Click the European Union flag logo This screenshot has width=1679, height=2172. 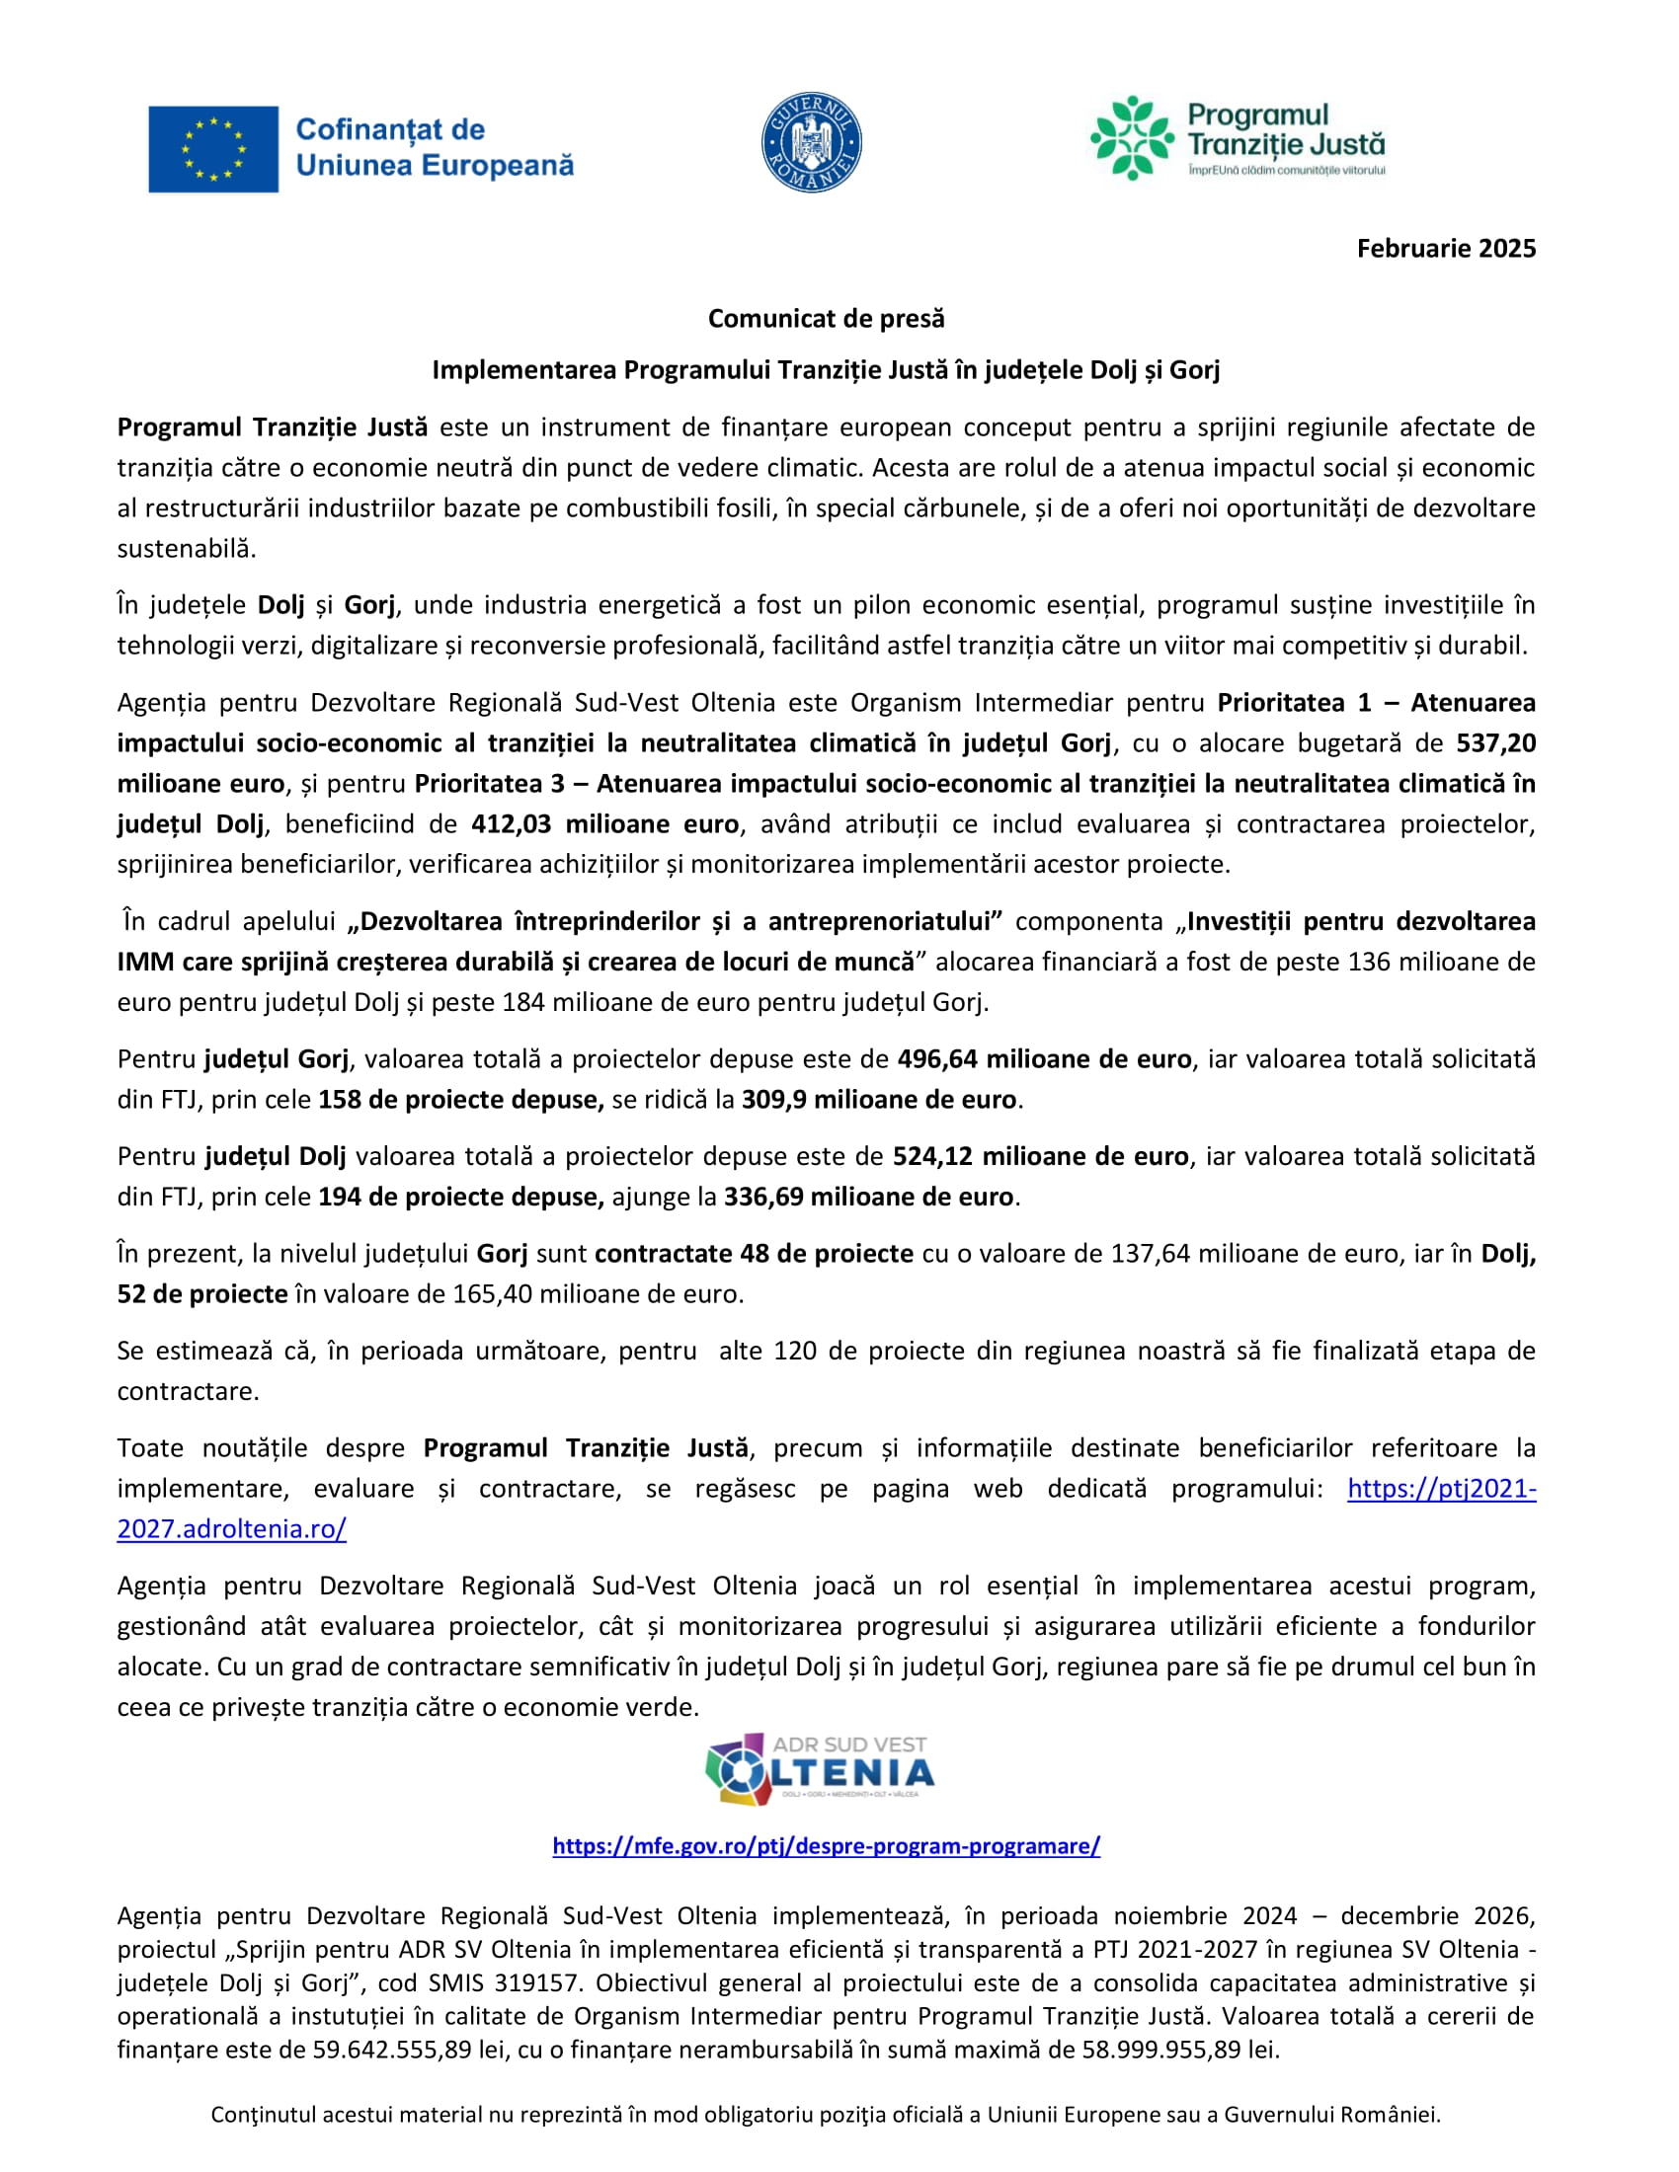click(x=213, y=149)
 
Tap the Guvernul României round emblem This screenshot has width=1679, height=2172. click(x=811, y=143)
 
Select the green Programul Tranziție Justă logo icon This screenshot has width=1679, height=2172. click(x=1131, y=138)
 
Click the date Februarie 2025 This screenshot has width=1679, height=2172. click(x=1445, y=249)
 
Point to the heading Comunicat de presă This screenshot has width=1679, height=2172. click(x=826, y=318)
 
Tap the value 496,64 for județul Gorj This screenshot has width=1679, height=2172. click(x=938, y=1059)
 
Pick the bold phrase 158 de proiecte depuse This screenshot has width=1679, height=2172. click(x=460, y=1099)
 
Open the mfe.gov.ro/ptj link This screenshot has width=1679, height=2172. click(x=826, y=1846)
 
